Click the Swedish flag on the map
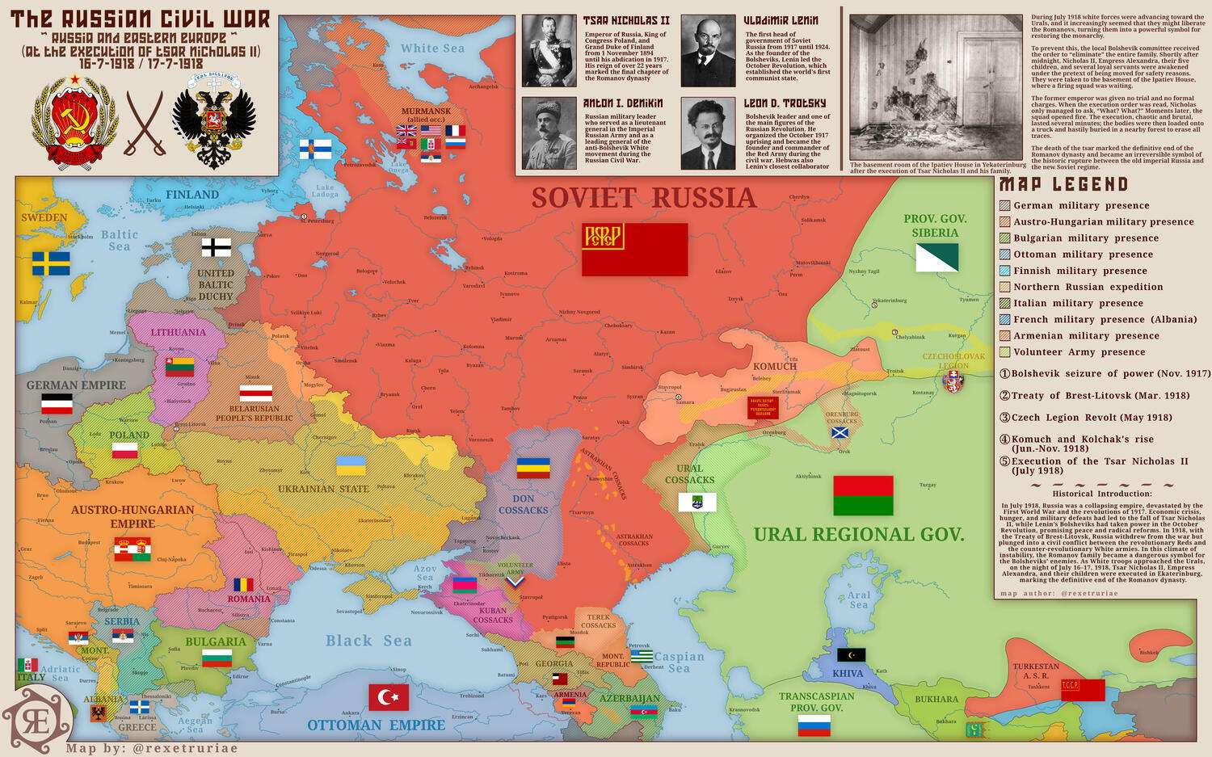[51, 263]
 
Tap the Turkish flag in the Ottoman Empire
[389, 697]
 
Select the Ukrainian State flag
[351, 465]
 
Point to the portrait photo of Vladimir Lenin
[708, 51]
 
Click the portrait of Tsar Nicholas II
[549, 51]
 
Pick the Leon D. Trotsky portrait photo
[708, 134]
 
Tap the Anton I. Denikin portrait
[549, 134]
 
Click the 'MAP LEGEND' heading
[1063, 185]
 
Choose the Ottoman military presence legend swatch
[1005, 254]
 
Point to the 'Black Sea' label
[368, 641]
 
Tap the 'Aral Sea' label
[859, 599]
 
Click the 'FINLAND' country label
[192, 195]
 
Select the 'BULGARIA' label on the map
[215, 642]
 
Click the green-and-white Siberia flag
[936, 258]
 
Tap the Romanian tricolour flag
[243, 584]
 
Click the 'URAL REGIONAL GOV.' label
[859, 534]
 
